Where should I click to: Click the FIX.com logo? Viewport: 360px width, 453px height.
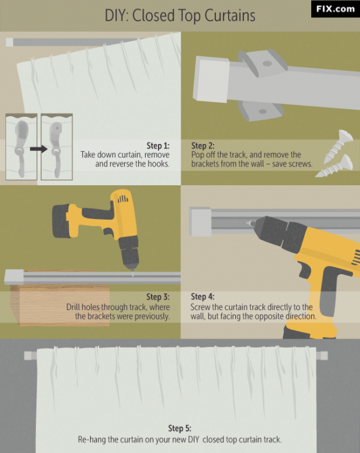(335, 9)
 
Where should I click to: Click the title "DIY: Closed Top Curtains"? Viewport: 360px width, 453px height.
(180, 16)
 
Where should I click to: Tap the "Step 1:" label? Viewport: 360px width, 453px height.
(158, 145)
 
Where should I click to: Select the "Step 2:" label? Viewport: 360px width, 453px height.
(203, 145)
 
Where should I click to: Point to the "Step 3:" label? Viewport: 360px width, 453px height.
(158, 297)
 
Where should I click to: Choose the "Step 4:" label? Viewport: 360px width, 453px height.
(203, 297)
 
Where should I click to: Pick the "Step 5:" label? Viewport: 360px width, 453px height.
(180, 428)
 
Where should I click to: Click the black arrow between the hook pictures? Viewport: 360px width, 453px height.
(39, 149)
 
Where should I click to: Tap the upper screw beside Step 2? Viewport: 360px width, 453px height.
(338, 146)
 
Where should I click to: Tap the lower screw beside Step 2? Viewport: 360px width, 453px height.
(334, 167)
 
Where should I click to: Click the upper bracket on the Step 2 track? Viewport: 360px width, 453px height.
(262, 63)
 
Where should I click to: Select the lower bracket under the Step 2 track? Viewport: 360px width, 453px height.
(260, 111)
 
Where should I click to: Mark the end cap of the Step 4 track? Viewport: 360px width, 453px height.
(200, 222)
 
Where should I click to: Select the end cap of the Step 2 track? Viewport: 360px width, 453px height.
(211, 78)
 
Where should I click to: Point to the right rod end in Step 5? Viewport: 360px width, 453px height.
(322, 355)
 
